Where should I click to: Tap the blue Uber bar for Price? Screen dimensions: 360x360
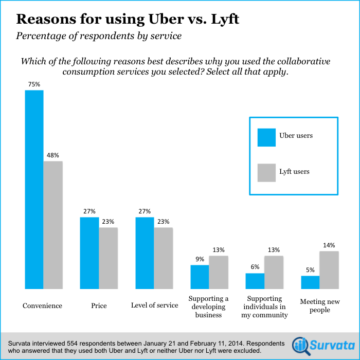89,253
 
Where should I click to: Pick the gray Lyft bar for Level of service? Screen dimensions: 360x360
164,258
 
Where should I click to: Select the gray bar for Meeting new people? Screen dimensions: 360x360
329,270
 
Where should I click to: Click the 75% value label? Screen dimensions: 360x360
34,84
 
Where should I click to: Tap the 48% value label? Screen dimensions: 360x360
53,155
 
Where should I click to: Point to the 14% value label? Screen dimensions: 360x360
329,245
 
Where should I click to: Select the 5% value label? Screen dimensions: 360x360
310,269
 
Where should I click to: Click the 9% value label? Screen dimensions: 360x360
200,259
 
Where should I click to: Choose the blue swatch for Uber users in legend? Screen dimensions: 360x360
266,137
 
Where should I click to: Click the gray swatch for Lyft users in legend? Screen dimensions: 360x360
266,172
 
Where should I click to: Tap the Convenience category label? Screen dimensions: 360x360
42,305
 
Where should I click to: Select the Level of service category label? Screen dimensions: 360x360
154,305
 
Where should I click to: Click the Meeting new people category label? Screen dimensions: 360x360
319,305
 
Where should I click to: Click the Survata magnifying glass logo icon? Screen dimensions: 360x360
300,345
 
